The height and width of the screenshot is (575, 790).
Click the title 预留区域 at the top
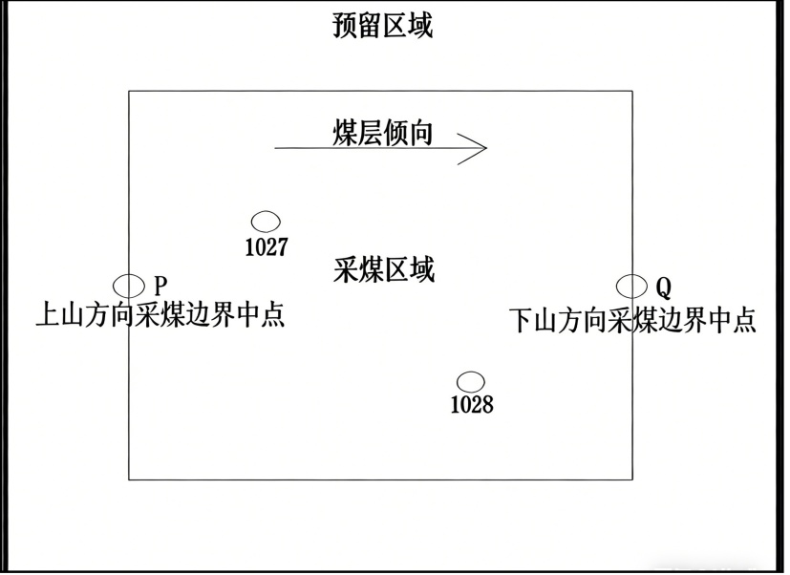pyautogui.click(x=383, y=26)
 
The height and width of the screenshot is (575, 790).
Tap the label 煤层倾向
pyautogui.click(x=383, y=134)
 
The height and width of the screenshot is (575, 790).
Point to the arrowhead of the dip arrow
pyautogui.click(x=486, y=148)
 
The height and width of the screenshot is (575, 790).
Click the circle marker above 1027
pyautogui.click(x=266, y=222)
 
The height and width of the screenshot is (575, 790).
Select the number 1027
pyautogui.click(x=267, y=247)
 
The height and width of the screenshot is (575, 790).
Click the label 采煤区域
pyautogui.click(x=385, y=270)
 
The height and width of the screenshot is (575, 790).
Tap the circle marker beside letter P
pyautogui.click(x=128, y=286)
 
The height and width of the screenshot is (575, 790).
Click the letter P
pyautogui.click(x=160, y=286)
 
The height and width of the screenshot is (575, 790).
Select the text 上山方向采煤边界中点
pyautogui.click(x=160, y=314)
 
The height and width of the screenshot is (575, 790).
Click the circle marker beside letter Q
pyautogui.click(x=631, y=287)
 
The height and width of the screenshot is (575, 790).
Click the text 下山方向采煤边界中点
pyautogui.click(x=632, y=320)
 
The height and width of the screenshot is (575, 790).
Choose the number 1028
pyautogui.click(x=472, y=405)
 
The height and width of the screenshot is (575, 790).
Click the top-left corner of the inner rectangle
pyautogui.click(x=129, y=92)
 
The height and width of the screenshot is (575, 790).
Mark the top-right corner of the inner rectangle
pyautogui.click(x=632, y=92)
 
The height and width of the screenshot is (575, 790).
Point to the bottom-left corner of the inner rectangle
pyautogui.click(x=129, y=479)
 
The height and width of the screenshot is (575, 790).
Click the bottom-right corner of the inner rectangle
pyautogui.click(x=632, y=479)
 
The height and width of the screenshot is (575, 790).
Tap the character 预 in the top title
pyautogui.click(x=346, y=26)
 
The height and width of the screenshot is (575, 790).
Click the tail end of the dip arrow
pyautogui.click(x=275, y=148)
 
